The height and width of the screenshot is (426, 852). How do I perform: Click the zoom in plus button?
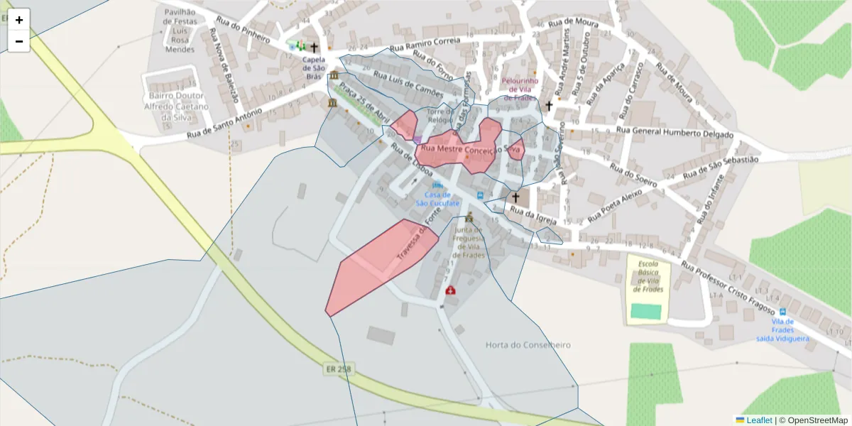(19, 20)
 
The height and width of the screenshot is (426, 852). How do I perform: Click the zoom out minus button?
(19, 41)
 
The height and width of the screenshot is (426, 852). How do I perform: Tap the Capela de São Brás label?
(313, 67)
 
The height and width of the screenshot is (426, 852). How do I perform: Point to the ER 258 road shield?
(339, 369)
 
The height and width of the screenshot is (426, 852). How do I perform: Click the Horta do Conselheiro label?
(528, 345)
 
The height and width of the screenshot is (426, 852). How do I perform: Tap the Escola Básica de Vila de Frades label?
(648, 276)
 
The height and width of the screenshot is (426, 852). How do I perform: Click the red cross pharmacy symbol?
(450, 290)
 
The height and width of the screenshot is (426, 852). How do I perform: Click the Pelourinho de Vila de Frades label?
(520, 89)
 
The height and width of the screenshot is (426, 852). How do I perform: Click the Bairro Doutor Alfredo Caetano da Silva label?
(177, 106)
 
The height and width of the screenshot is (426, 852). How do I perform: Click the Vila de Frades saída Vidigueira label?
(782, 330)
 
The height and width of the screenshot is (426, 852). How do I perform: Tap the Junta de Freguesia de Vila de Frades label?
(469, 241)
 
